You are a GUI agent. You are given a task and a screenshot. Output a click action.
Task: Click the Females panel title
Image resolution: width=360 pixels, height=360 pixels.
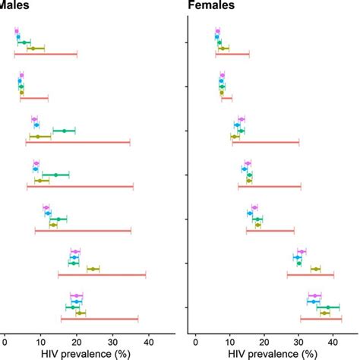[x=211, y=6]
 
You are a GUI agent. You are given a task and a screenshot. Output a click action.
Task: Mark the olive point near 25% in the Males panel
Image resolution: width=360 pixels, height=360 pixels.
[x=93, y=269]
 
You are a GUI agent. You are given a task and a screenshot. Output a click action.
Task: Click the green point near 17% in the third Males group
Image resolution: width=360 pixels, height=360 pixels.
[x=64, y=131]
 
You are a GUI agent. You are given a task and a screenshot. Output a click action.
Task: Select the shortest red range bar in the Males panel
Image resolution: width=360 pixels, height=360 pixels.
[x=34, y=98]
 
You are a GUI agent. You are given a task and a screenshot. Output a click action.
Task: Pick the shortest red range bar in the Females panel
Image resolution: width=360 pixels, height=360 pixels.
[x=226, y=98]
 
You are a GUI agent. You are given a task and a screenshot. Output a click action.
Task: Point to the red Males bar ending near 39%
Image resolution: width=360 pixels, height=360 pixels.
[x=101, y=275]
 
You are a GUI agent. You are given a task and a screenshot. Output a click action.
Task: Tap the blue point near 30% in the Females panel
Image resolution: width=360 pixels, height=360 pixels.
[x=298, y=257]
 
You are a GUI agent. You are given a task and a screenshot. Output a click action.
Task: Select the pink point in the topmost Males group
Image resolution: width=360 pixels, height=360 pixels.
[x=17, y=30]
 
